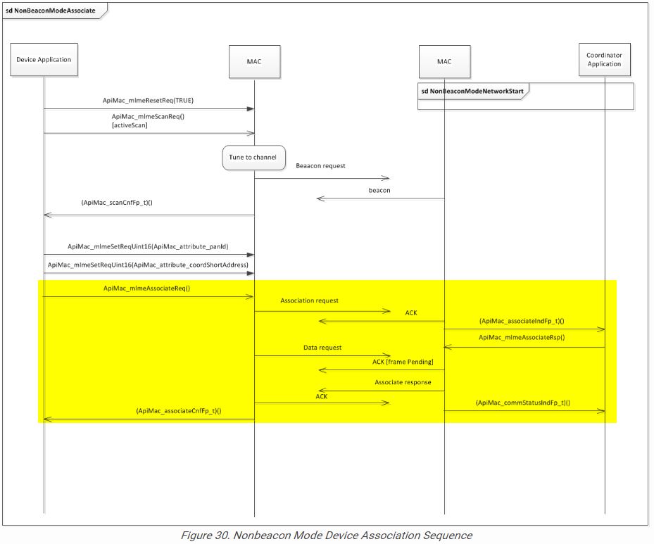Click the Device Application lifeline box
pos(44,60)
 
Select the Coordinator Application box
pos(604,59)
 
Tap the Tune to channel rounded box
pos(253,157)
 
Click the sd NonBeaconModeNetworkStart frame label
pos(472,91)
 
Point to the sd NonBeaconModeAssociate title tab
pos(51,11)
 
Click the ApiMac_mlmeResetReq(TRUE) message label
pos(148,101)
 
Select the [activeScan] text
pos(130,125)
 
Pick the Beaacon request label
pos(320,165)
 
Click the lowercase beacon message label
pos(379,190)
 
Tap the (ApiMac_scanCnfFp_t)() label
pos(118,203)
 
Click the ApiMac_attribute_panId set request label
pos(148,246)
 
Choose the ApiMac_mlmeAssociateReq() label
pos(147,288)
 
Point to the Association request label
pos(309,301)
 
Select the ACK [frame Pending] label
pos(403,361)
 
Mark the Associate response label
pos(403,382)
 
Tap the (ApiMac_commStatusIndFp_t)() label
pos(522,403)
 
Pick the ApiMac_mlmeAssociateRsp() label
pos(522,338)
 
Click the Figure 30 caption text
pos(326,536)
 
